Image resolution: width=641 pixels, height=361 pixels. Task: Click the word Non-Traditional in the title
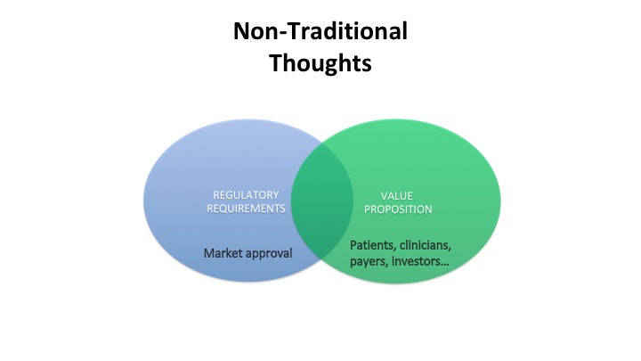(x=320, y=32)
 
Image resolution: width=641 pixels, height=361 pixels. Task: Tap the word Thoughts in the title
(x=320, y=64)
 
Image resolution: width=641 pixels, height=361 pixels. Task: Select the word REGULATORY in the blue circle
(x=246, y=195)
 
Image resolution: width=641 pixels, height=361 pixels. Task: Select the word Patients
(x=372, y=244)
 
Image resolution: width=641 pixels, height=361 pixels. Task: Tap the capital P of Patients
(x=353, y=244)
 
